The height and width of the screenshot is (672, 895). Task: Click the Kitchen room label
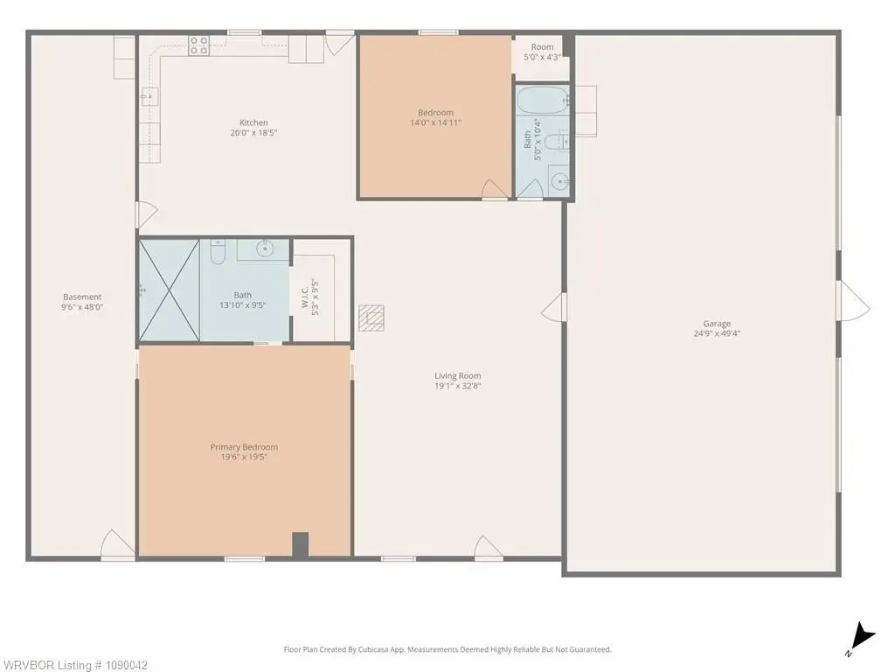(253, 122)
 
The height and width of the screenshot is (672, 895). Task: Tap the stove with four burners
(199, 45)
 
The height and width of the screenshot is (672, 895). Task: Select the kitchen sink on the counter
(149, 96)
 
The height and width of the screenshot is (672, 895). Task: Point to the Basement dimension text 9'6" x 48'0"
(82, 307)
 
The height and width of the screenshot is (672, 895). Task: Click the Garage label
(717, 324)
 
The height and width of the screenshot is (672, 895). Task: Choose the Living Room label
(458, 375)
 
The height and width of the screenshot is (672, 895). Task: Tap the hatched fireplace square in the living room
(371, 318)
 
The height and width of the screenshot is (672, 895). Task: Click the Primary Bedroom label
(244, 447)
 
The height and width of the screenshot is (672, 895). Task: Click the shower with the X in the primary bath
(169, 290)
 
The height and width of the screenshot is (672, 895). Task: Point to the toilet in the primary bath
(218, 252)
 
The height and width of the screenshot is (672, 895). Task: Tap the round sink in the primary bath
(264, 248)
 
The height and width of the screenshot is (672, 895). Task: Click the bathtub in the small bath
(542, 101)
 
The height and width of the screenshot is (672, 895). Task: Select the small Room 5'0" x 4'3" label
(542, 52)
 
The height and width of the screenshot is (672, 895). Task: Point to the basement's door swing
(117, 543)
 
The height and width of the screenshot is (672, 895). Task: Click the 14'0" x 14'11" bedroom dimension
(435, 122)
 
